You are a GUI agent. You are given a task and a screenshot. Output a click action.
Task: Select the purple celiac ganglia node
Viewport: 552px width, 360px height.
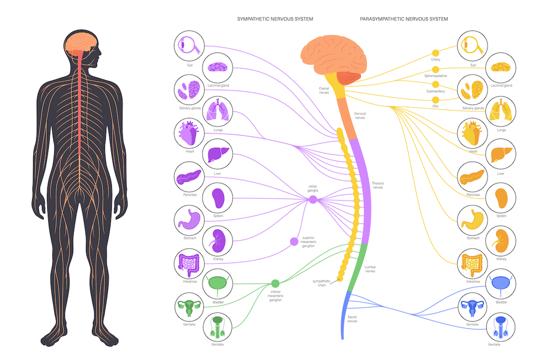(313, 200)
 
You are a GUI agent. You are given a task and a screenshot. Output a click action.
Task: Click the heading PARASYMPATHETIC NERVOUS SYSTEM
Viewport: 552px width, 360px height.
(404, 19)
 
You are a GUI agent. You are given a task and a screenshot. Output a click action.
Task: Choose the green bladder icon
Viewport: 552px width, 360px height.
(217, 284)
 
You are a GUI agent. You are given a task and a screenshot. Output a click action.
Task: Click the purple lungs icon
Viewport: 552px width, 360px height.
(217, 110)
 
